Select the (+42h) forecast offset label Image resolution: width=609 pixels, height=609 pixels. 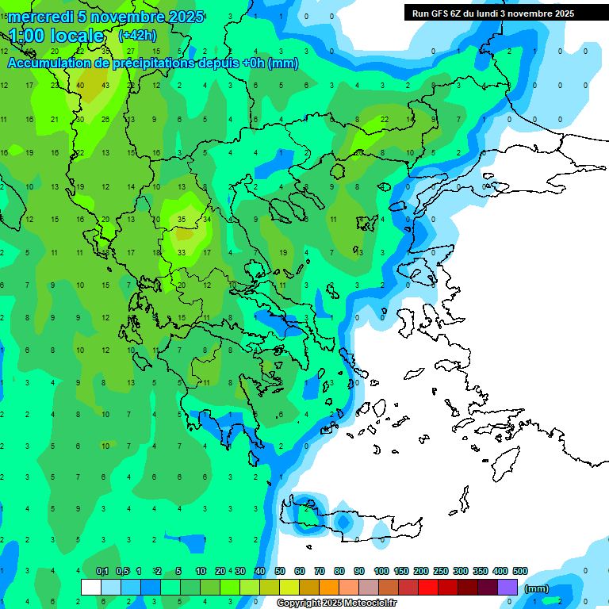pyautogui.click(x=137, y=36)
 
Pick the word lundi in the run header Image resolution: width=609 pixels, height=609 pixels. pyautogui.click(x=491, y=13)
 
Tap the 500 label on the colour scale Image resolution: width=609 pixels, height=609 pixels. pyautogui.click(x=520, y=572)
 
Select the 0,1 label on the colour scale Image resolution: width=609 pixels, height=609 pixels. pyautogui.click(x=102, y=572)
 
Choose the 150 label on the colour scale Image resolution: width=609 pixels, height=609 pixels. pyautogui.click(x=401, y=572)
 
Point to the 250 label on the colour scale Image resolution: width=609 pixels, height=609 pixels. pyautogui.click(x=441, y=572)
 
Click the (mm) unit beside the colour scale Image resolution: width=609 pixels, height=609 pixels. pyautogui.click(x=537, y=588)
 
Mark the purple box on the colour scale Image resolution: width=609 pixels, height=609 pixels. pyautogui.click(x=507, y=587)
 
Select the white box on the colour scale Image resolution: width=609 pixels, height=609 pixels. pyautogui.click(x=91, y=587)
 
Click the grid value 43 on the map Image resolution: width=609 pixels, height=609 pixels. pyautogui.click(x=105, y=85)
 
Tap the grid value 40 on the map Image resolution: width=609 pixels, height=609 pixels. pyautogui.click(x=81, y=85)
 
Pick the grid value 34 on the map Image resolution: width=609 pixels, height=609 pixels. pyautogui.click(x=206, y=219)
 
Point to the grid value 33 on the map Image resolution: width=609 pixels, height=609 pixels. pyautogui.click(x=182, y=252)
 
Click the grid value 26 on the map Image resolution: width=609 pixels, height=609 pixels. pyautogui.click(x=105, y=119)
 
